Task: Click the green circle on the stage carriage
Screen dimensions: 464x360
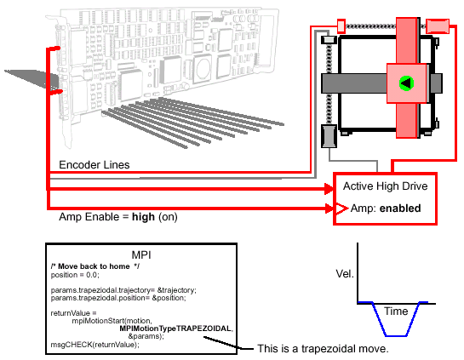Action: click(x=406, y=83)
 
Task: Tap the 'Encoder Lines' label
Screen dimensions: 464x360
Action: click(x=95, y=165)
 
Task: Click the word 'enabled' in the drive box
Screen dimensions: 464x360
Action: click(x=400, y=209)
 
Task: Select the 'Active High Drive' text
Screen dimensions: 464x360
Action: click(x=386, y=186)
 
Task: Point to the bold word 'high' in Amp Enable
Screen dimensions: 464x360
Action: click(x=143, y=217)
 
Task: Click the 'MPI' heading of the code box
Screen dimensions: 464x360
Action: click(x=141, y=255)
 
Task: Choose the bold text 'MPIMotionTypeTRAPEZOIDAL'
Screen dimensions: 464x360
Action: click(x=175, y=329)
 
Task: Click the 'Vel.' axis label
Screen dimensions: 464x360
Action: click(x=345, y=274)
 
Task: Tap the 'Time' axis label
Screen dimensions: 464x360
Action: click(x=396, y=311)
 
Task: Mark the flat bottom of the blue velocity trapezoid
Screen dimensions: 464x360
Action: click(x=396, y=335)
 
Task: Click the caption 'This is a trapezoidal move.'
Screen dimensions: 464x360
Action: click(x=323, y=349)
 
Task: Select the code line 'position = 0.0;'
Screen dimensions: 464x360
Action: click(x=75, y=275)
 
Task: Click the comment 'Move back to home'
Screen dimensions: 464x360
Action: click(x=94, y=266)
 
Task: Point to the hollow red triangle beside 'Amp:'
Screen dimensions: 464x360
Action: click(x=341, y=209)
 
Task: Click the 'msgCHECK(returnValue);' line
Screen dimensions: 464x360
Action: click(x=95, y=345)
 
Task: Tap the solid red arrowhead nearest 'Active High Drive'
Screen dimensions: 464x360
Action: click(x=329, y=189)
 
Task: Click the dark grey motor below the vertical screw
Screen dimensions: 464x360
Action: click(x=329, y=136)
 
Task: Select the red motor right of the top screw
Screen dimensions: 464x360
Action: click(x=438, y=26)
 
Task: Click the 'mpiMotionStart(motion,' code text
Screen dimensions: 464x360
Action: click(x=112, y=321)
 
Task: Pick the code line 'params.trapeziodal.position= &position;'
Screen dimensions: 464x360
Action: click(x=118, y=298)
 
